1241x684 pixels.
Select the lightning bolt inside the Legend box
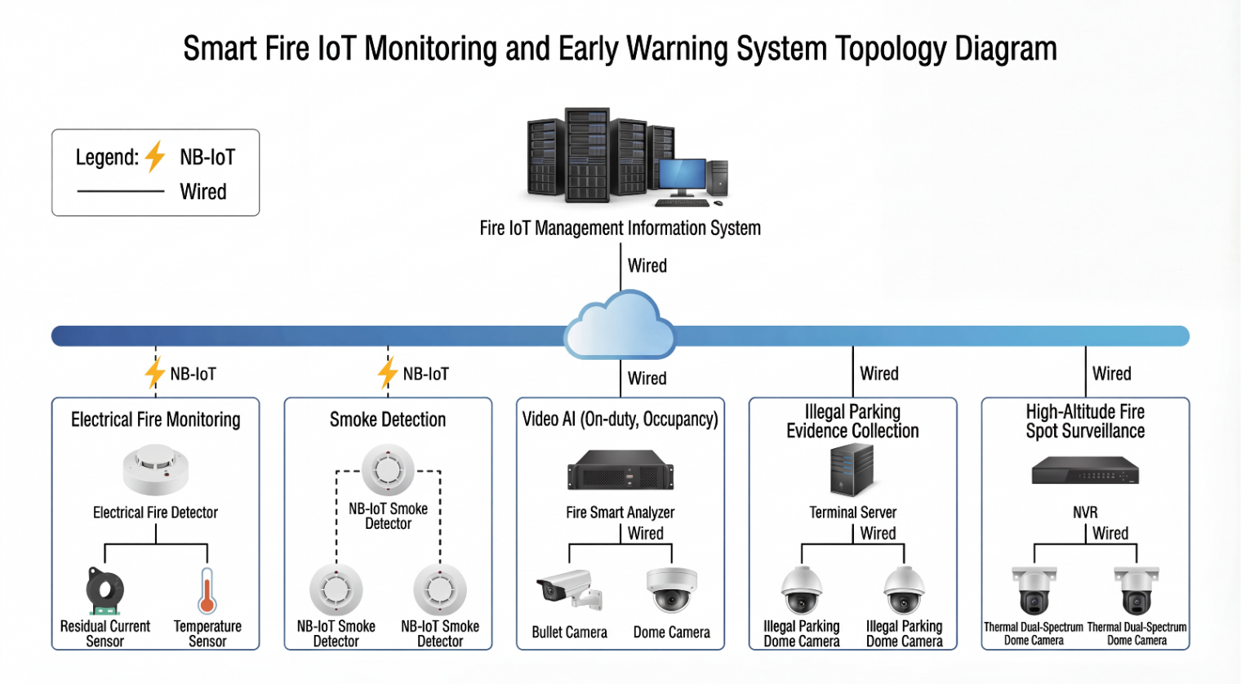coord(155,157)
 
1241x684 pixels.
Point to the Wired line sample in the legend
coord(121,192)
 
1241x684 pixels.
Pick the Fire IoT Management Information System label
coord(620,229)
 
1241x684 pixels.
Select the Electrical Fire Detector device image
coord(155,470)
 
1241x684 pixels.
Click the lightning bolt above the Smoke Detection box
coord(388,373)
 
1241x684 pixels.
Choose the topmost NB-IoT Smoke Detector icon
coord(388,470)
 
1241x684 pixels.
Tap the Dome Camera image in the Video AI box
coord(671,589)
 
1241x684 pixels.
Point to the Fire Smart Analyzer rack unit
coord(620,472)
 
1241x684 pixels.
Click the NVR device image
coord(1085,471)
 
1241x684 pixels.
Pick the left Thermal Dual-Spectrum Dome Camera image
coord(1034,591)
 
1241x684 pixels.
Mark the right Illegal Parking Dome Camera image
coord(904,590)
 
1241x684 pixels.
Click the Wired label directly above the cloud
coord(647,266)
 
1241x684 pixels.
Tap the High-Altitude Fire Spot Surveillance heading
coord(1085,421)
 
